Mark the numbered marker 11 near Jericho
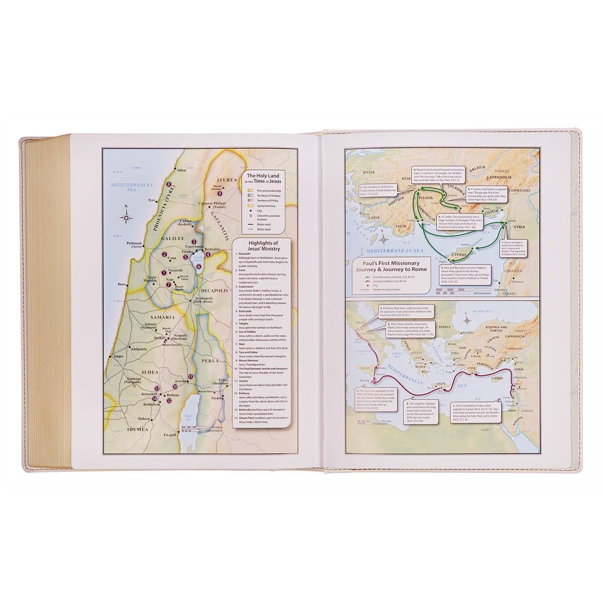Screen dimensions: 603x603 pos(190,377)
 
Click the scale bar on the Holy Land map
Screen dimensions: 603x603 pos(193,428)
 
